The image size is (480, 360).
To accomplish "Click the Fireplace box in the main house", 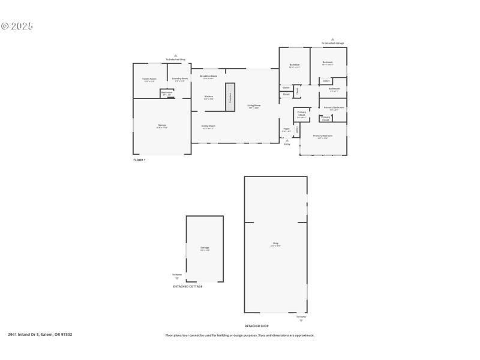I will click(230, 97).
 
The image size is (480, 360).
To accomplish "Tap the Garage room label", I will click(162, 126).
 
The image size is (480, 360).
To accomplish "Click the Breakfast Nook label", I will click(209, 77).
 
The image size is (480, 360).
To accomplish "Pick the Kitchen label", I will click(209, 97).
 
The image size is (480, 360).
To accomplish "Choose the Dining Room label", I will click(209, 127).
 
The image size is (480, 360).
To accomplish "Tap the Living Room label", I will click(254, 106).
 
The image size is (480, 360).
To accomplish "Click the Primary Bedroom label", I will click(322, 136).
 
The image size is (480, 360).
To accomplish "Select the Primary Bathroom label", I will click(334, 108).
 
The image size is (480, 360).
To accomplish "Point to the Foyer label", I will click(286, 130).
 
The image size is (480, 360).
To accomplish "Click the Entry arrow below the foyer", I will click(287, 141).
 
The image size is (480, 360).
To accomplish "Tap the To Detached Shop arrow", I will click(176, 55).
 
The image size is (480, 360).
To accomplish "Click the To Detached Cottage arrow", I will click(332, 39).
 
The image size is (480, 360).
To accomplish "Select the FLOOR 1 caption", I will click(139, 160).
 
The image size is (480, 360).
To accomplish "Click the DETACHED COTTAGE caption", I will click(188, 286).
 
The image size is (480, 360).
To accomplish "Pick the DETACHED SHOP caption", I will click(256, 326).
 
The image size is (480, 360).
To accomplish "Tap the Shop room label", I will click(275, 244).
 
